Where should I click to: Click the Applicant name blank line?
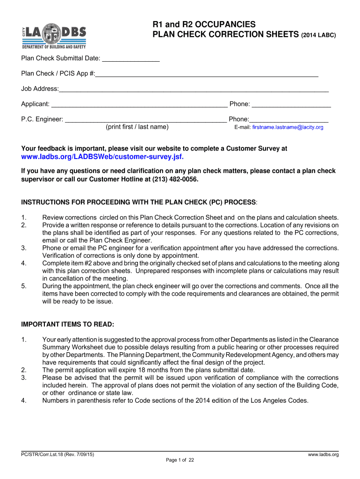[x=139, y=104]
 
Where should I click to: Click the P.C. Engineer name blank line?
[x=145, y=120]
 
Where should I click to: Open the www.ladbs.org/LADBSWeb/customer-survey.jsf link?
[x=102, y=156]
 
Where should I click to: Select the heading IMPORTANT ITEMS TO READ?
[x=68, y=325]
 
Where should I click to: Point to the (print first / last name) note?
[x=137, y=127]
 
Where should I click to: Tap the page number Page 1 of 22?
[x=180, y=460]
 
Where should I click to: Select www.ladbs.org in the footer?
[x=323, y=455]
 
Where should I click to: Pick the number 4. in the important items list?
[x=24, y=401]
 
